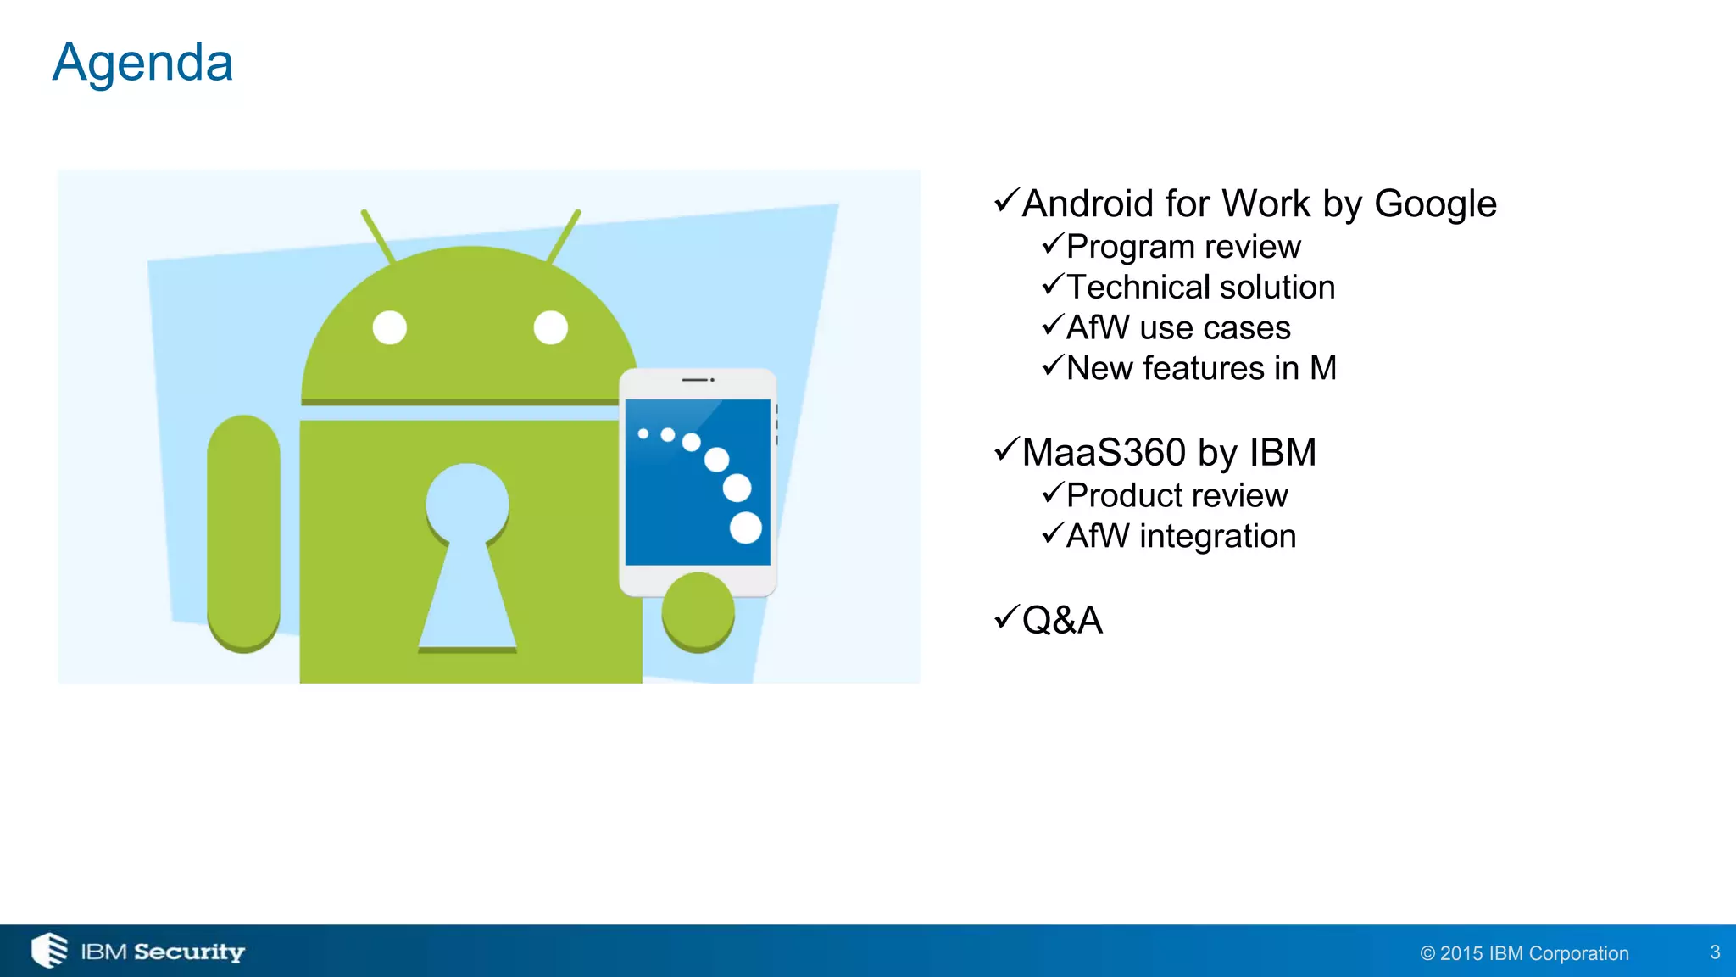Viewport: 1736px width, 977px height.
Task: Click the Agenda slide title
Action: (x=142, y=64)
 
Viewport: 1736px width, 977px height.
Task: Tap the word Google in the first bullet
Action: (x=1434, y=204)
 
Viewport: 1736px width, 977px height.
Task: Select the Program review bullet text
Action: (x=1182, y=247)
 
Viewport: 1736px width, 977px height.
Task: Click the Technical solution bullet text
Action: (x=1199, y=288)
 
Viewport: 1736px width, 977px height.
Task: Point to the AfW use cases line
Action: (x=1177, y=328)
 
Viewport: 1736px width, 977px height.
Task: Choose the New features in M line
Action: (x=1200, y=369)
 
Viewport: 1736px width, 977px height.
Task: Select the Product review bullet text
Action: (x=1177, y=495)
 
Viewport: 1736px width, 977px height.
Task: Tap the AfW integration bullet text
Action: (x=1181, y=536)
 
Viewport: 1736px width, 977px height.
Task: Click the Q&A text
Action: (x=1062, y=620)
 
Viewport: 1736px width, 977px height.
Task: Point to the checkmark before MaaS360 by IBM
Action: (x=1005, y=449)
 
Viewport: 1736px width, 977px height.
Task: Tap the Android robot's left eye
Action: (x=390, y=327)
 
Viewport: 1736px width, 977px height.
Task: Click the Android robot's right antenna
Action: (x=564, y=236)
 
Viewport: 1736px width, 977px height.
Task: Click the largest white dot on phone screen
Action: (x=746, y=528)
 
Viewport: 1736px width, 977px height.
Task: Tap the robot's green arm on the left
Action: (x=244, y=533)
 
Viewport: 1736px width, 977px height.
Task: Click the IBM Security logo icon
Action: (x=49, y=950)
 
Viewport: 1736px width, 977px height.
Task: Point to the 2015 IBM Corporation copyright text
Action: (x=1524, y=953)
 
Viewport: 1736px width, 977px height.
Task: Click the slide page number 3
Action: (x=1715, y=952)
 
